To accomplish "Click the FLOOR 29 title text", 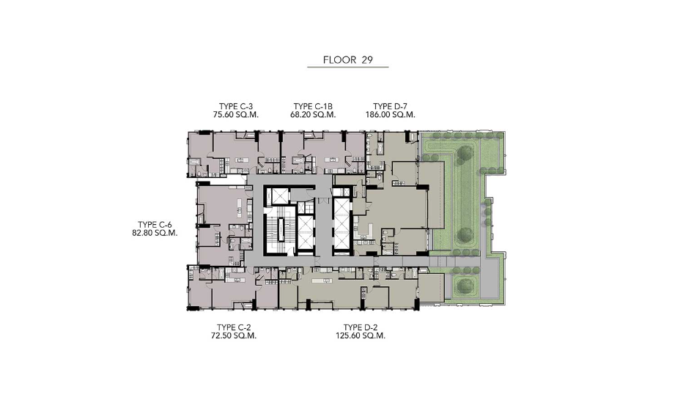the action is pyautogui.click(x=348, y=60).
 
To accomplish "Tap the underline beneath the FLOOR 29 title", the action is pyautogui.click(x=348, y=67).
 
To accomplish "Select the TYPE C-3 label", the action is pyautogui.click(x=236, y=106).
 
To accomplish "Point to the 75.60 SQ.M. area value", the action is pyautogui.click(x=236, y=114).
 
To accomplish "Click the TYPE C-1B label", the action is pyautogui.click(x=313, y=106).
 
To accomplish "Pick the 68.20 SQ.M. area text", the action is pyautogui.click(x=313, y=114).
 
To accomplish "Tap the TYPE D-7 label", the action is pyautogui.click(x=390, y=106).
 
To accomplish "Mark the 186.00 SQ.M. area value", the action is pyautogui.click(x=390, y=114).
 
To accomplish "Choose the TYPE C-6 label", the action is pyautogui.click(x=155, y=225).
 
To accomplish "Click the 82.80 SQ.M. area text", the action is pyautogui.click(x=155, y=233).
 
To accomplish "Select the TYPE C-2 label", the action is pyautogui.click(x=234, y=327).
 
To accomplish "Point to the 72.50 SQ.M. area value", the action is pyautogui.click(x=234, y=335).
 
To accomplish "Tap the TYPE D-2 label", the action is pyautogui.click(x=361, y=327).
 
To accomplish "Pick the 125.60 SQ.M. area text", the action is pyautogui.click(x=361, y=335).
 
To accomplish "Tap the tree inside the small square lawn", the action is pyautogui.click(x=465, y=285).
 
